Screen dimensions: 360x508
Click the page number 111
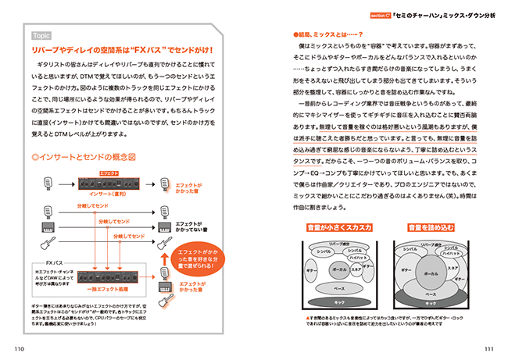tap(490, 348)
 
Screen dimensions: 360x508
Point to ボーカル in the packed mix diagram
tap(430, 274)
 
